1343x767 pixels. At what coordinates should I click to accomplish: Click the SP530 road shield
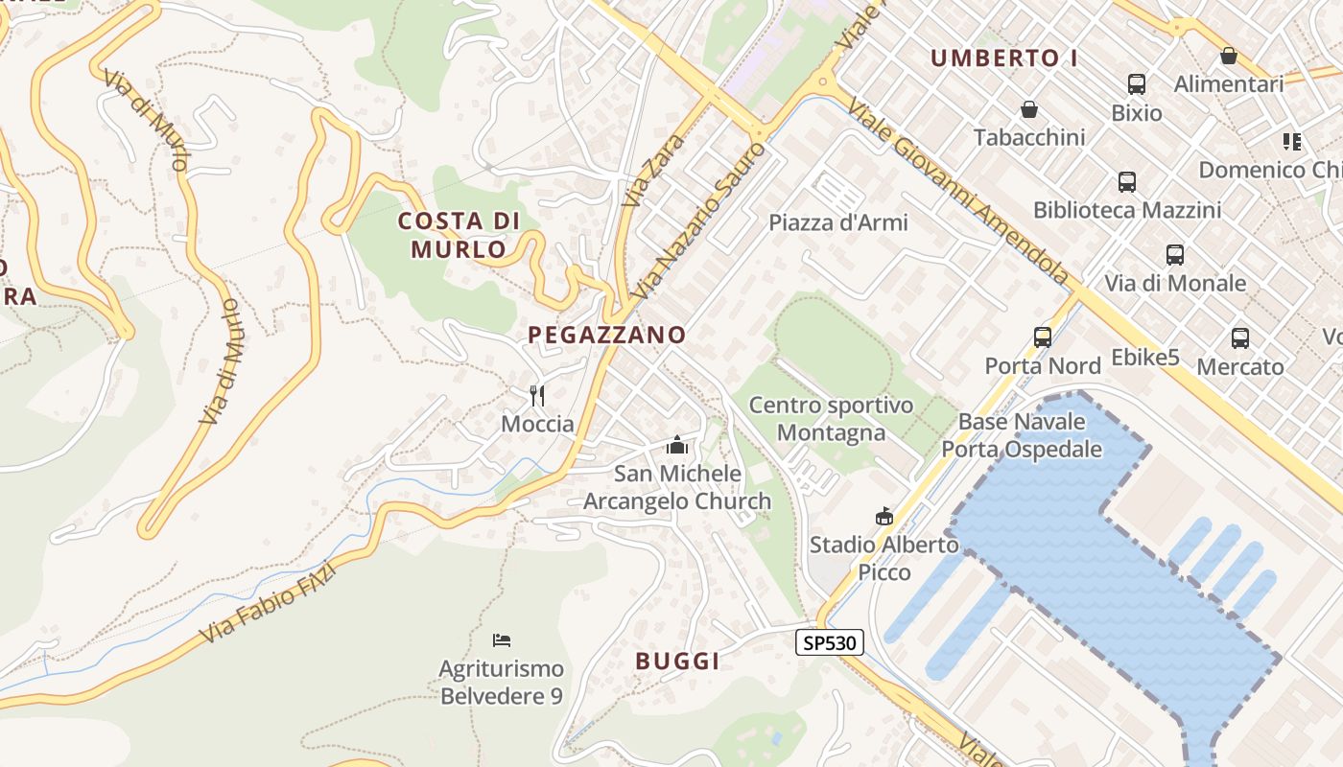(x=830, y=642)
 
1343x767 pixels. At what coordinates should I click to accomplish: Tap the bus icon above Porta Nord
(x=1043, y=337)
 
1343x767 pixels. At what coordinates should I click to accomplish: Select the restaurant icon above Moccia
(x=537, y=395)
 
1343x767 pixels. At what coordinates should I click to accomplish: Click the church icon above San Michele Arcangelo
(x=677, y=445)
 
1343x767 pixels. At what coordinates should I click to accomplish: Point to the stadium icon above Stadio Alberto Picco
(x=884, y=517)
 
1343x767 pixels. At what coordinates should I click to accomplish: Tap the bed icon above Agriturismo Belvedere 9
(x=501, y=639)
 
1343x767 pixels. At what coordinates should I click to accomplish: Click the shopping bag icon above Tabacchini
(x=1029, y=109)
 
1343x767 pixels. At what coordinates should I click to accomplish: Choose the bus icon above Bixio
(x=1137, y=84)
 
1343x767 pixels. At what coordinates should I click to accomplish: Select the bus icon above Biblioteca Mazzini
(x=1127, y=181)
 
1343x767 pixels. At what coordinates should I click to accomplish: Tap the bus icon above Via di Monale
(x=1175, y=255)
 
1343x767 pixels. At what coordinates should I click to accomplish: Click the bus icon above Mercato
(x=1240, y=338)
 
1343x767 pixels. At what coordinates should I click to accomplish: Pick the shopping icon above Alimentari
(x=1229, y=56)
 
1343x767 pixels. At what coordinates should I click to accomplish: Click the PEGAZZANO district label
(x=607, y=335)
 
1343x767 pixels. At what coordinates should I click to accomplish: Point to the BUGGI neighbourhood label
(x=677, y=661)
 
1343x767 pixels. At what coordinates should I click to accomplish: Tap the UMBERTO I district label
(x=1004, y=58)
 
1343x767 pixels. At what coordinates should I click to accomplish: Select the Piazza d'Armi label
(x=838, y=222)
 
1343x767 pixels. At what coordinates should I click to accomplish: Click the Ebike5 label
(x=1144, y=358)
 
